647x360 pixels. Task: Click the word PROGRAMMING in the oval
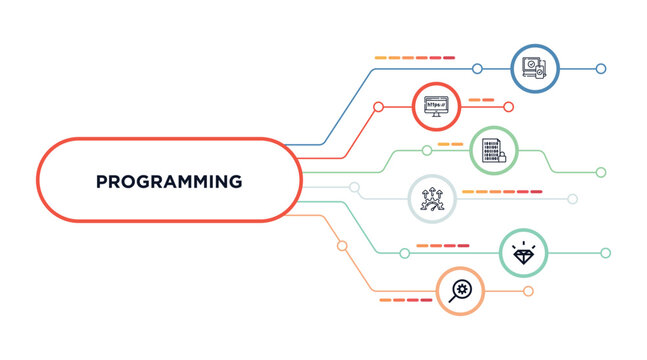point(169,182)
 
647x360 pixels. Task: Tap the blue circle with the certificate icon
point(532,69)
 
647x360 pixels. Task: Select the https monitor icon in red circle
point(437,106)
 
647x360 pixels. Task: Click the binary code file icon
point(494,151)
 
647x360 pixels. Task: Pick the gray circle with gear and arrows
point(432,199)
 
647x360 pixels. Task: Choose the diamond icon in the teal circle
point(523,253)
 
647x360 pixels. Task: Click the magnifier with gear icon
point(460,291)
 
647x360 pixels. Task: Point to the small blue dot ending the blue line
point(601,69)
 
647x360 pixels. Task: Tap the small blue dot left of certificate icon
point(477,69)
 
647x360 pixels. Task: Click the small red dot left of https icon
point(378,106)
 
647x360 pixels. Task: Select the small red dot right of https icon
point(508,106)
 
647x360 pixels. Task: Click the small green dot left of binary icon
point(427,151)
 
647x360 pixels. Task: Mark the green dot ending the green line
point(601,172)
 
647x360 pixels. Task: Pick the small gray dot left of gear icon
point(354,187)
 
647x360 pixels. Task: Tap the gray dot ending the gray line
point(572,199)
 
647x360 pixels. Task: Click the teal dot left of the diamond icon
point(404,253)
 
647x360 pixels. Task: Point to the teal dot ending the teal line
point(605,253)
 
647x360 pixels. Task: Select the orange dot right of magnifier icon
point(528,291)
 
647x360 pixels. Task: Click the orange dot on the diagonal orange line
point(342,245)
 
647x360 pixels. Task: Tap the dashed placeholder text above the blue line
point(414,57)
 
